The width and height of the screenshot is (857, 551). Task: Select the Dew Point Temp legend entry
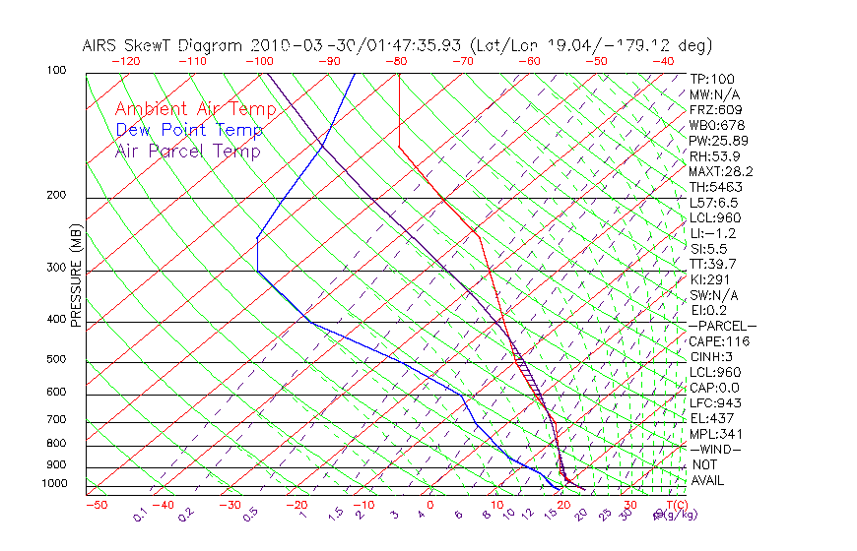point(188,130)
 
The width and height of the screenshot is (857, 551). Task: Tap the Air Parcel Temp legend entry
point(187,151)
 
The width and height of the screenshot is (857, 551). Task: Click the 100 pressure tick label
point(56,71)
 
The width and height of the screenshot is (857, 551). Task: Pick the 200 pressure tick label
point(56,196)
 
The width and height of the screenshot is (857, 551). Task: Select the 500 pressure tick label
point(56,360)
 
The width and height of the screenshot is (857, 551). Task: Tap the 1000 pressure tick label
point(53,484)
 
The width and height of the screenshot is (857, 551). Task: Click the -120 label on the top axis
point(126,61)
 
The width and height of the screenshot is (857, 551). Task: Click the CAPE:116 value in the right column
point(719,341)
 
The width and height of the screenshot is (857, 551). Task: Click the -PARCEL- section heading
point(722,326)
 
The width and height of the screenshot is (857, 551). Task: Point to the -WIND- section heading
point(715,449)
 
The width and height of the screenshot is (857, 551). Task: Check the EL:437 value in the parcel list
point(712,418)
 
